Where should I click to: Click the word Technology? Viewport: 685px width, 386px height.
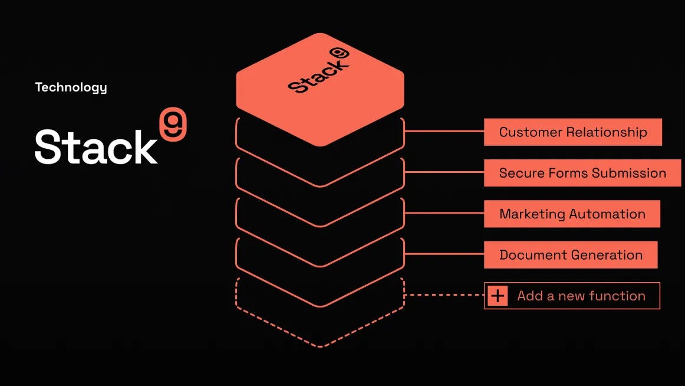coord(71,87)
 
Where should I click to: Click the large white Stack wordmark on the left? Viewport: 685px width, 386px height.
coord(96,147)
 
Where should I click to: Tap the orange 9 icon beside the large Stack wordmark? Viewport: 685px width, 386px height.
coord(173,125)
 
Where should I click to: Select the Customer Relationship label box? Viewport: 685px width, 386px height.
coord(572,132)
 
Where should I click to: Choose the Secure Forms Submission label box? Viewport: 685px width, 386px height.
coord(582,173)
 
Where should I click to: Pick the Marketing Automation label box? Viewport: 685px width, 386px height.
coord(572,214)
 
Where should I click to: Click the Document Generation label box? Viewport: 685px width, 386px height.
coord(570,255)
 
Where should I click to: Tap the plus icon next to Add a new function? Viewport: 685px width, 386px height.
coord(498,296)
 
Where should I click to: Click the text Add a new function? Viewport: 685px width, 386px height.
coord(581,296)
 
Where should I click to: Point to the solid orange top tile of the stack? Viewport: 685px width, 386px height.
coord(320,109)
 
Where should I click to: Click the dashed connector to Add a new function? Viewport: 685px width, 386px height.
coord(445,295)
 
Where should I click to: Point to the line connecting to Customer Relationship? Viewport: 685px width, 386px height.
coord(445,132)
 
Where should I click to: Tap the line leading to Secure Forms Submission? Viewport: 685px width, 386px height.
coord(445,172)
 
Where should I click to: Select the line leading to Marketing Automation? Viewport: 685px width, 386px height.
coord(445,214)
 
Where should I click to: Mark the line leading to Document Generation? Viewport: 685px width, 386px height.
coord(445,254)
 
